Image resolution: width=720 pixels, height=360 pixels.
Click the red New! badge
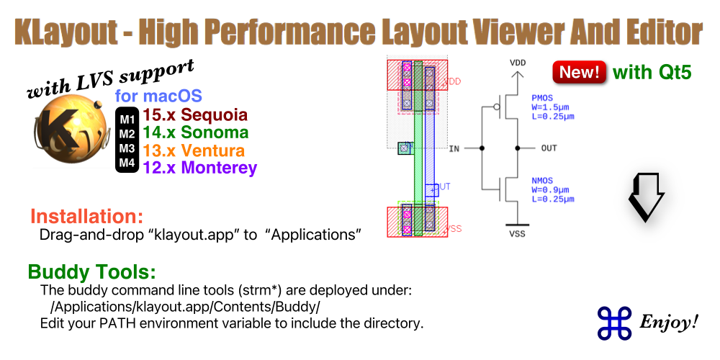tap(579, 73)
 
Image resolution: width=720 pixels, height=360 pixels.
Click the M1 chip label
tap(127, 117)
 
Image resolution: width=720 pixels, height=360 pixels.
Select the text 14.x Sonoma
tap(195, 133)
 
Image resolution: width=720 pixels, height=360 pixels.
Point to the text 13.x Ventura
tap(194, 150)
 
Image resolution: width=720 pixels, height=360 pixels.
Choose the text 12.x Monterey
tap(199, 168)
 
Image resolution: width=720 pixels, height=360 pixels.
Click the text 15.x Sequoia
tap(194, 115)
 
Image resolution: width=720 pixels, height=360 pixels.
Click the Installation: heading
tap(86, 217)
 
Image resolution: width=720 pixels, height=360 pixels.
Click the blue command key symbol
tap(614, 322)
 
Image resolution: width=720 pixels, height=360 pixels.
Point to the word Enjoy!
tap(670, 322)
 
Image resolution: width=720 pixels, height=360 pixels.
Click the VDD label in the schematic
tap(517, 63)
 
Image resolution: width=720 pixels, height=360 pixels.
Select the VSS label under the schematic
tap(517, 233)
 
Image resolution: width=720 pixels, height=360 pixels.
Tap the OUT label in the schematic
tap(549, 148)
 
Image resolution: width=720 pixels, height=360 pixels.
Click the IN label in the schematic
tap(454, 148)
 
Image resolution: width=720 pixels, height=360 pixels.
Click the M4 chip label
tap(127, 164)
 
